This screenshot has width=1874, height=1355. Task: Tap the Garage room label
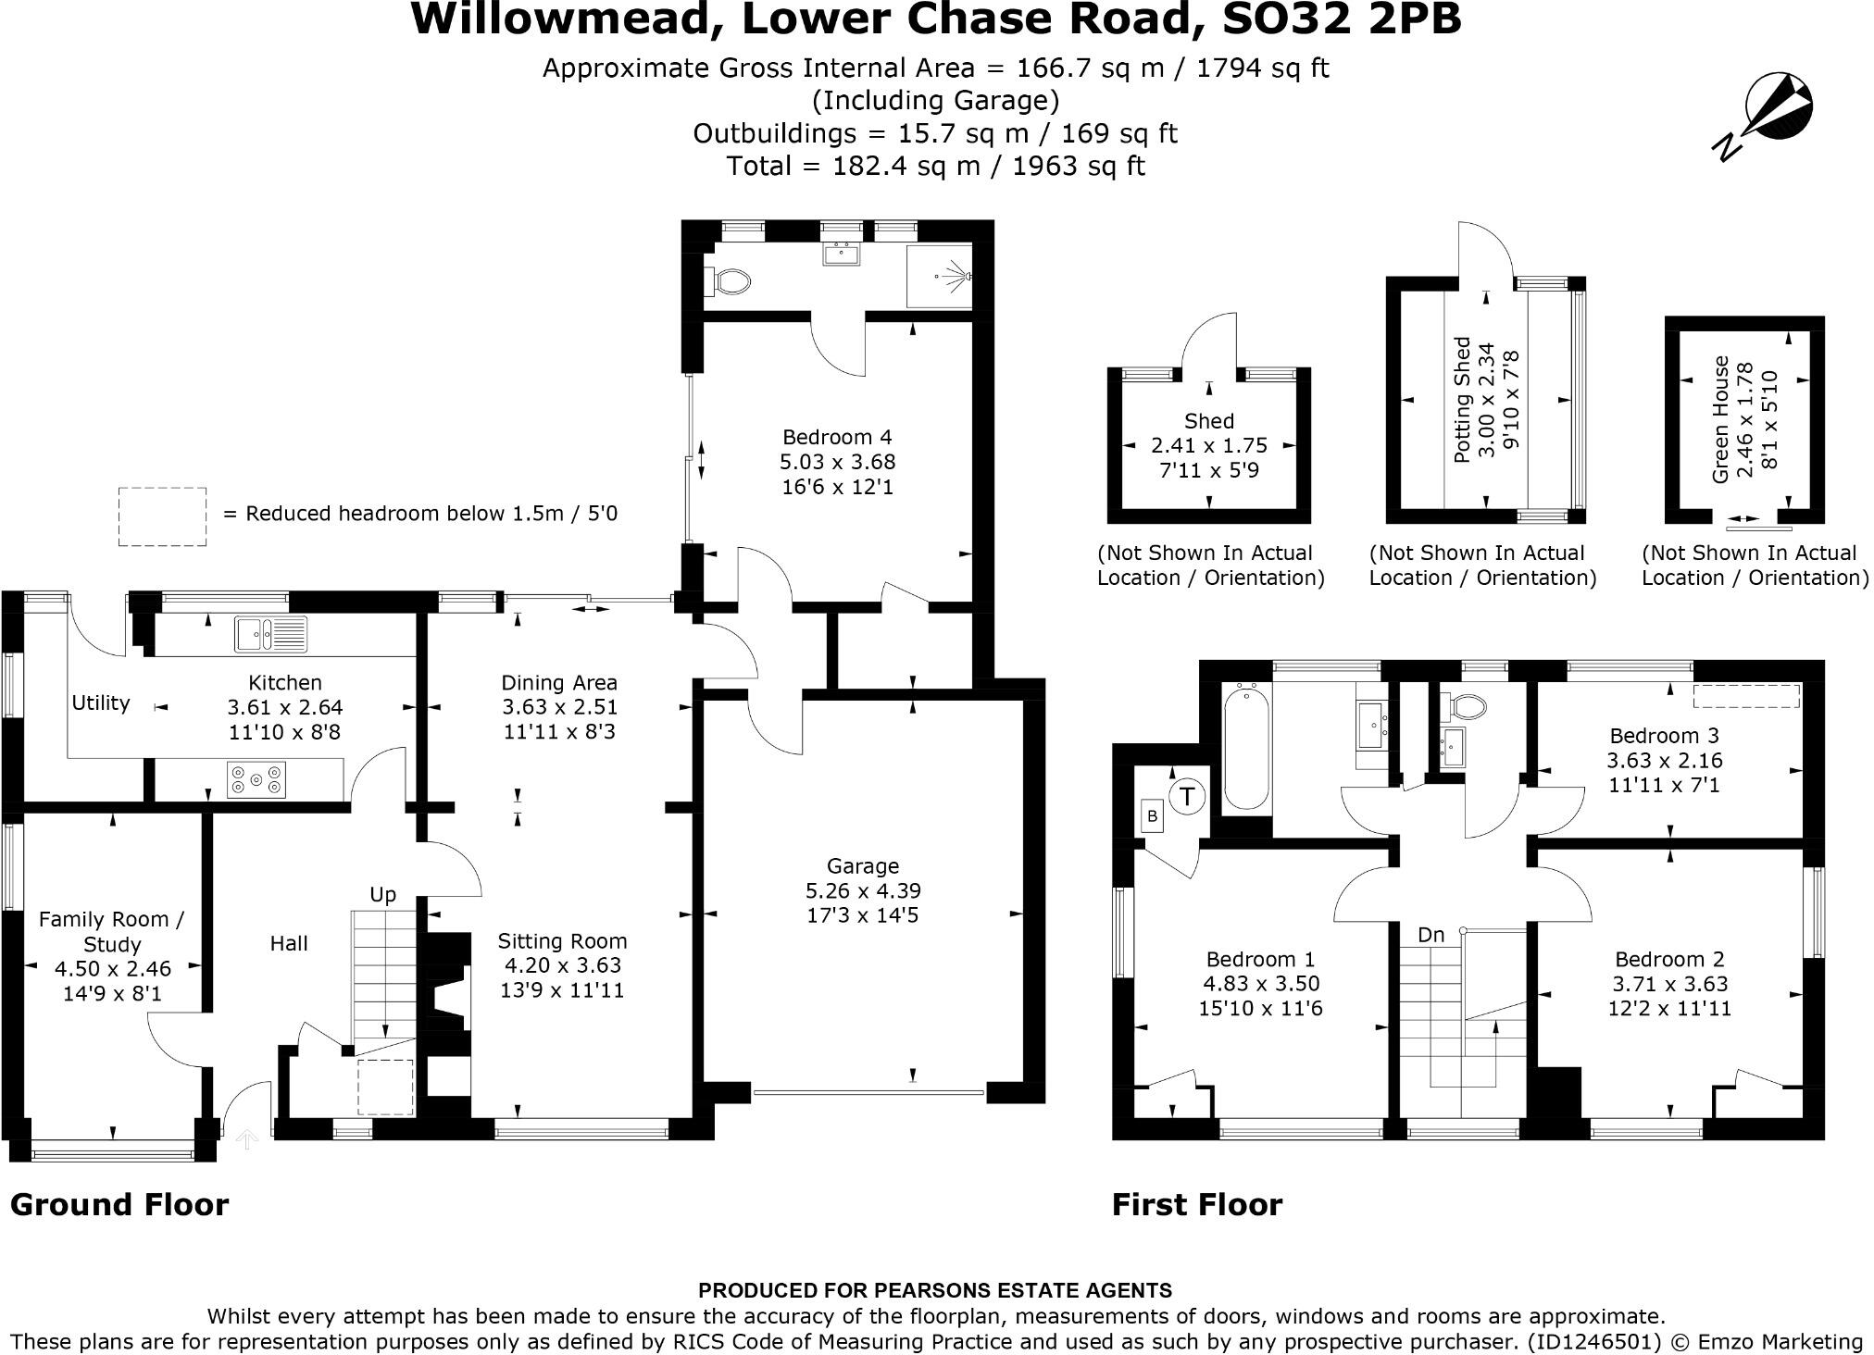[862, 866]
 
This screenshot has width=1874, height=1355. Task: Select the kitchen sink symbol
[269, 634]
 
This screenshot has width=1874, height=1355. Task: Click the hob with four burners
[256, 779]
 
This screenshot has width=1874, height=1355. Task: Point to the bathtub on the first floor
[1245, 748]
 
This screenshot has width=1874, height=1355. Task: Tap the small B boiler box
[1152, 816]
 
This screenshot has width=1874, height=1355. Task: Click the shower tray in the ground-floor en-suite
[939, 276]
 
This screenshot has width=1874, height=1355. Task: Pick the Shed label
[1208, 421]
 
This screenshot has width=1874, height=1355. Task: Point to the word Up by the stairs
[382, 894]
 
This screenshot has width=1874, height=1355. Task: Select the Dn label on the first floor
[1430, 935]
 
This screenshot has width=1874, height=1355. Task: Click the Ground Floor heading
[119, 1204]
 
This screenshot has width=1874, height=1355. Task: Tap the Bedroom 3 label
[1664, 736]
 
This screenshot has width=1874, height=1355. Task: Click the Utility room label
[101, 702]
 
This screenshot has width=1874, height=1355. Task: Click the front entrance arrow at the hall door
[246, 1139]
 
